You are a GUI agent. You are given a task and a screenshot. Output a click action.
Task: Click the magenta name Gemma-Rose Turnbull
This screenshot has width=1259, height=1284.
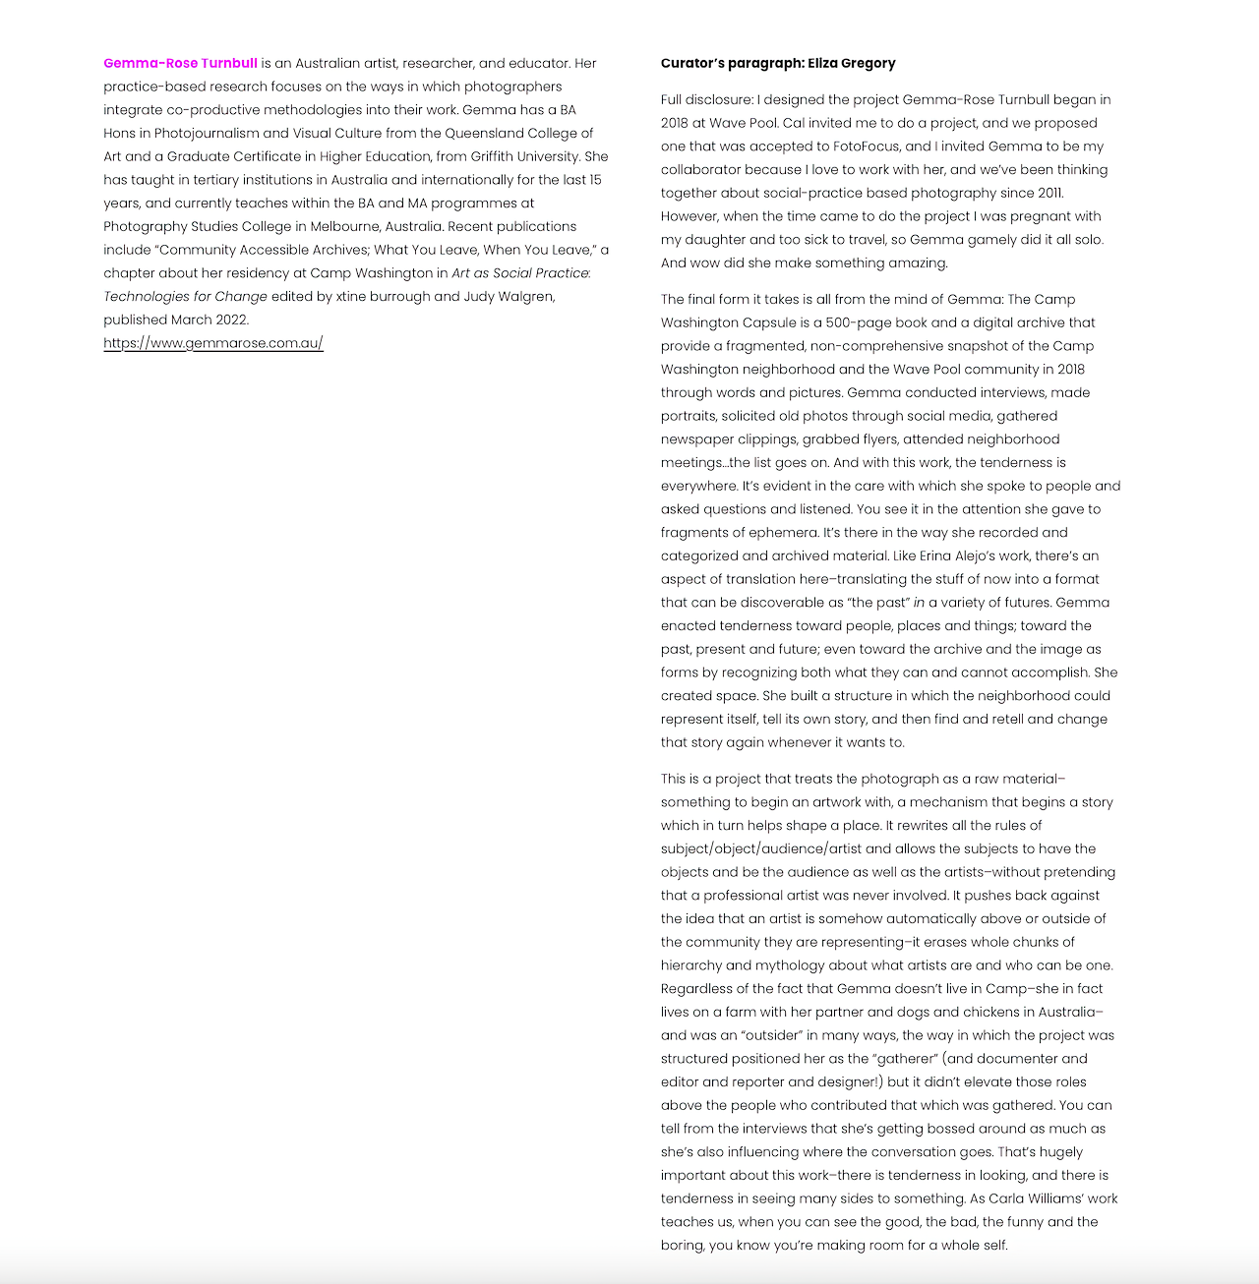[180, 63]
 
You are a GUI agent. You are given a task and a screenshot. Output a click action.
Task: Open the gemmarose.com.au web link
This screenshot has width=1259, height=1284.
[213, 343]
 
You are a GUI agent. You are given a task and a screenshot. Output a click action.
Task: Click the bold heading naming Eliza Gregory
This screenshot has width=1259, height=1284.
[778, 63]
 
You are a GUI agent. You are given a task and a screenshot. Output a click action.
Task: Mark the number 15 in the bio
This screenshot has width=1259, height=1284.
[595, 180]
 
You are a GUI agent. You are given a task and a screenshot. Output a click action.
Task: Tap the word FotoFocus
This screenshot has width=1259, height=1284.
[867, 146]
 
